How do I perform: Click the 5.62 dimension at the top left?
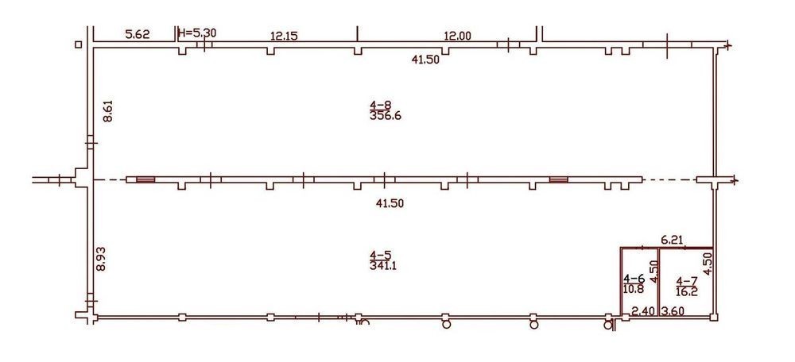point(138,34)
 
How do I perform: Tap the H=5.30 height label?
point(198,33)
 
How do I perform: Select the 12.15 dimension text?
point(284,36)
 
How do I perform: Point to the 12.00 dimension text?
point(458,36)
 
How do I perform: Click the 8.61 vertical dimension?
point(108,111)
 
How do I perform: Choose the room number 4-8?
point(381,106)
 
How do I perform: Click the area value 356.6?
point(383,115)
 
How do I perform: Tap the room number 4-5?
point(381,255)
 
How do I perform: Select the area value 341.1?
point(383,265)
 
